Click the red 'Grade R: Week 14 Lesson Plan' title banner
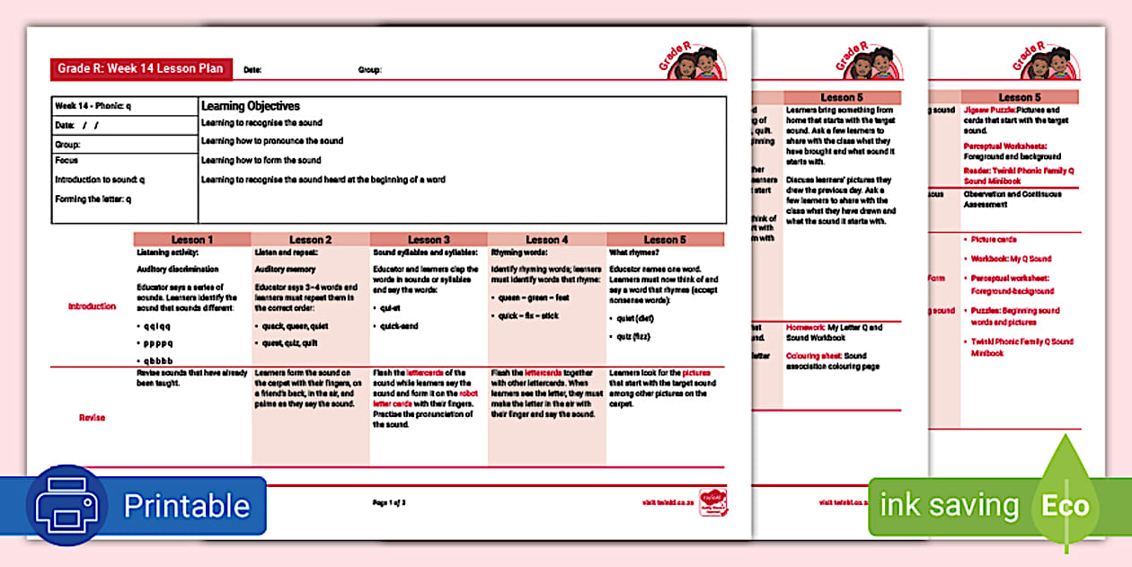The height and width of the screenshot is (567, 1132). [142, 68]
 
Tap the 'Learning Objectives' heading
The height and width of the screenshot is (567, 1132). [250, 106]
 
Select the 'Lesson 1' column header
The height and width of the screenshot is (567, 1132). [192, 240]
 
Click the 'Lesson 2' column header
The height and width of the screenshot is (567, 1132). [311, 240]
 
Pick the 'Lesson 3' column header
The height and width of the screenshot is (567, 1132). [429, 240]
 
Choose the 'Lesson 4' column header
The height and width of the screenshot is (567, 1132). [547, 240]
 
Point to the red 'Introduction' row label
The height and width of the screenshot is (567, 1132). [92, 306]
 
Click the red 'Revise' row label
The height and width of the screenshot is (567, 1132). [92, 418]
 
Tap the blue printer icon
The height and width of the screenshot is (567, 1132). [68, 507]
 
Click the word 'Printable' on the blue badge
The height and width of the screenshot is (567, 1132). [186, 506]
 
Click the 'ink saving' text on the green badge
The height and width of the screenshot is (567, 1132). [949, 505]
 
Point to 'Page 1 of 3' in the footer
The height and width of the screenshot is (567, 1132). [390, 502]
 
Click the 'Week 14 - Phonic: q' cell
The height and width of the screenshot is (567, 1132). [93, 106]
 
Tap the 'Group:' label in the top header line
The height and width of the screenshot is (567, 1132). [369, 69]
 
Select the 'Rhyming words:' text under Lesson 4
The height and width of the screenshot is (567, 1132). [514, 252]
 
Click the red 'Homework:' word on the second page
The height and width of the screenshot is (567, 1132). [805, 328]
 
